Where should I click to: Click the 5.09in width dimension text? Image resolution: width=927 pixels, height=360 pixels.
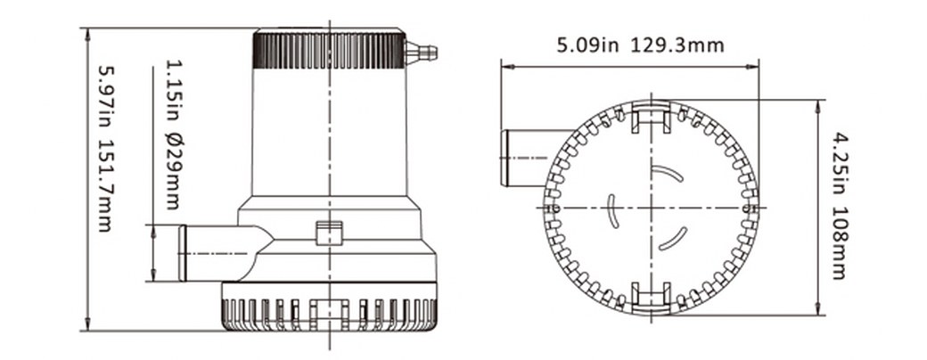pos(587,45)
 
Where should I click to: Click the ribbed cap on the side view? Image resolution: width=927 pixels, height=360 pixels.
pos(329,50)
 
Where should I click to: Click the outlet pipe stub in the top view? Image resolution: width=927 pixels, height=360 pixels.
pos(524,158)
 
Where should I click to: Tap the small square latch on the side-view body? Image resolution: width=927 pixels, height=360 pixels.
pos(329,233)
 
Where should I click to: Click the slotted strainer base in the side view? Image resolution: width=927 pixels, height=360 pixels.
pos(329,308)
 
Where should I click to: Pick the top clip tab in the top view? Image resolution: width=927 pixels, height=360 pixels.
pos(651,117)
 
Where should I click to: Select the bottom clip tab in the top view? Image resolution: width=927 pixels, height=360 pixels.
pos(651,297)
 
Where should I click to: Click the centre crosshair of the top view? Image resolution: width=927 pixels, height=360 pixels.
pos(651,208)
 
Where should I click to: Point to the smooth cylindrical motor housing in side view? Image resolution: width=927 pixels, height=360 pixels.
pos(329,134)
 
